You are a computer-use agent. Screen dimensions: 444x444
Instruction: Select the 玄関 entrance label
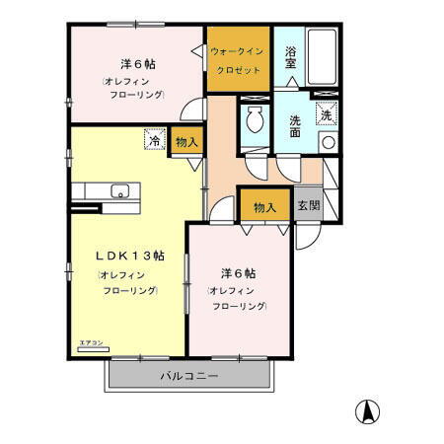pos(309,206)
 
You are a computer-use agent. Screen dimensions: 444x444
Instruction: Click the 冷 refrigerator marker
pos(154,140)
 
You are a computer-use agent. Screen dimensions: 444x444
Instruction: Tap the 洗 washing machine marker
pos(327,115)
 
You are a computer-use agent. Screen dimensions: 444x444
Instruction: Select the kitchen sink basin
pos(119,190)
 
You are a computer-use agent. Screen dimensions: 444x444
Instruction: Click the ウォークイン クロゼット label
pos(237,60)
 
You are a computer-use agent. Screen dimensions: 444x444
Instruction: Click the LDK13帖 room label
pos(129,255)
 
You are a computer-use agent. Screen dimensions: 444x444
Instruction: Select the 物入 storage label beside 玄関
pos(264,207)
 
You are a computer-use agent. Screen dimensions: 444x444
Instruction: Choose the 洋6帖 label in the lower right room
pos(238,272)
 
